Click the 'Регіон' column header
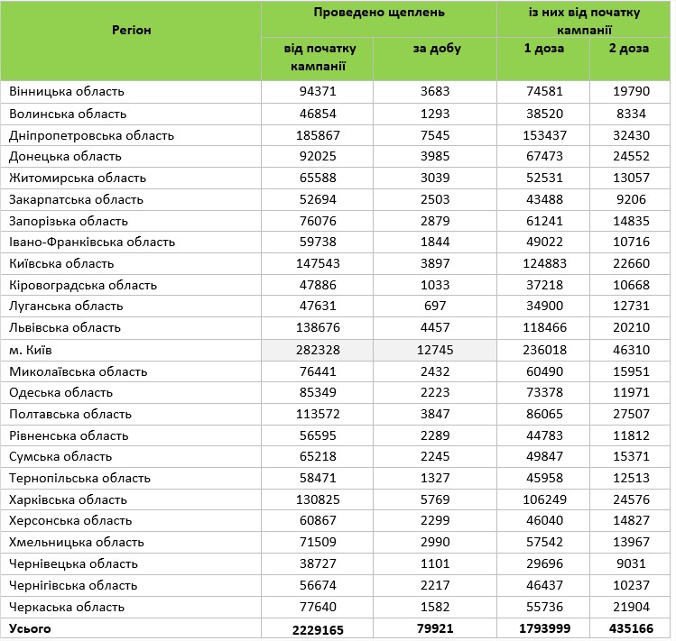131,31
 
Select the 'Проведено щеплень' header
379,14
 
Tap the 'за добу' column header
436,49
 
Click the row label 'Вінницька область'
67,92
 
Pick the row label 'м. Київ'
32,349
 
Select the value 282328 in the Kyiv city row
316,349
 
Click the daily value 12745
434,349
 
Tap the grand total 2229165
316,628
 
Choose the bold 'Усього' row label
30,628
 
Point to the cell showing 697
434,307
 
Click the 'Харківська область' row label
68,499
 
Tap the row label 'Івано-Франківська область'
92,243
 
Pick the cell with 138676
316,328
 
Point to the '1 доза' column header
543,49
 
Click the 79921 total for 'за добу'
434,628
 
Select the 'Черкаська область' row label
66,607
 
